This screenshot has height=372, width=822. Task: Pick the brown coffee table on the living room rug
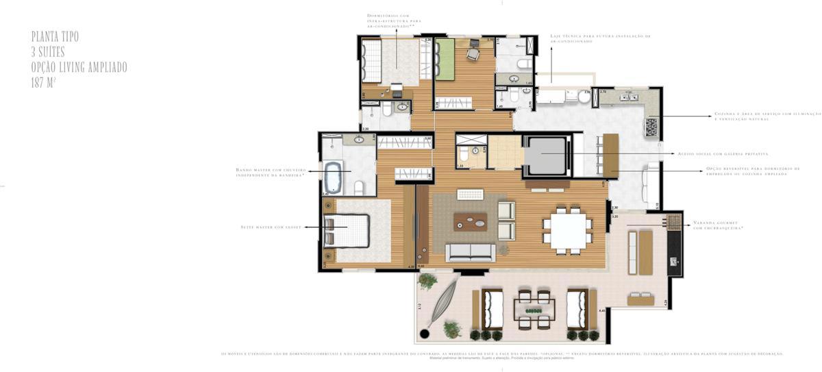470,221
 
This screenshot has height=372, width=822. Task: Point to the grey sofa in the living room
470,252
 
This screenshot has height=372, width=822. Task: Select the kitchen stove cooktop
651,127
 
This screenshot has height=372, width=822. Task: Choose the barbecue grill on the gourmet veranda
674,221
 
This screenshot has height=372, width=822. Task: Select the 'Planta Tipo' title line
55,36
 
